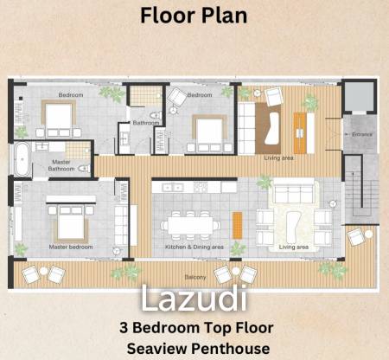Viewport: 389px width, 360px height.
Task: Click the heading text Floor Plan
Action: coord(194,16)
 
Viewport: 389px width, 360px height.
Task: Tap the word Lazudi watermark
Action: coord(194,299)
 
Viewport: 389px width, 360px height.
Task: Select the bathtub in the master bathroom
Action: coord(20,157)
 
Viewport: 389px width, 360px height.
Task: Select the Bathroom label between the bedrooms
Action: coord(145,123)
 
